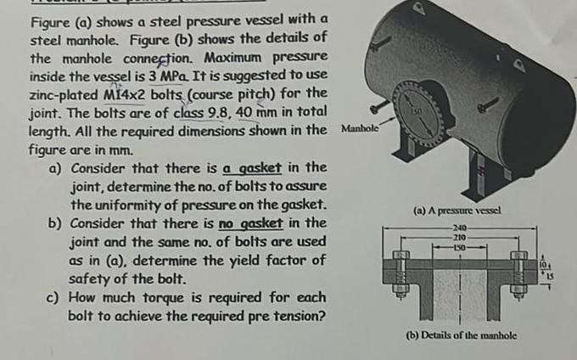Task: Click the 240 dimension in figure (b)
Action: (x=459, y=228)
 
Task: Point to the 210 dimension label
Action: (x=459, y=238)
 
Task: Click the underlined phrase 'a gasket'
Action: (x=250, y=167)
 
